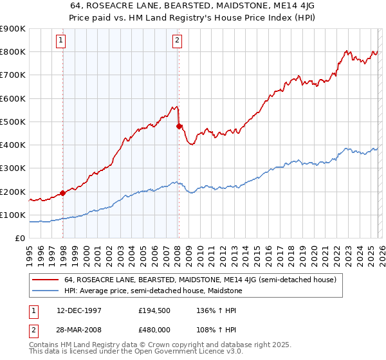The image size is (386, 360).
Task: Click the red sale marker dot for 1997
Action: click(62, 192)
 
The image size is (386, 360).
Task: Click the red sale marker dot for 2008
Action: click(179, 126)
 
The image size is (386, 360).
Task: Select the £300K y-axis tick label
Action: click(13, 168)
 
